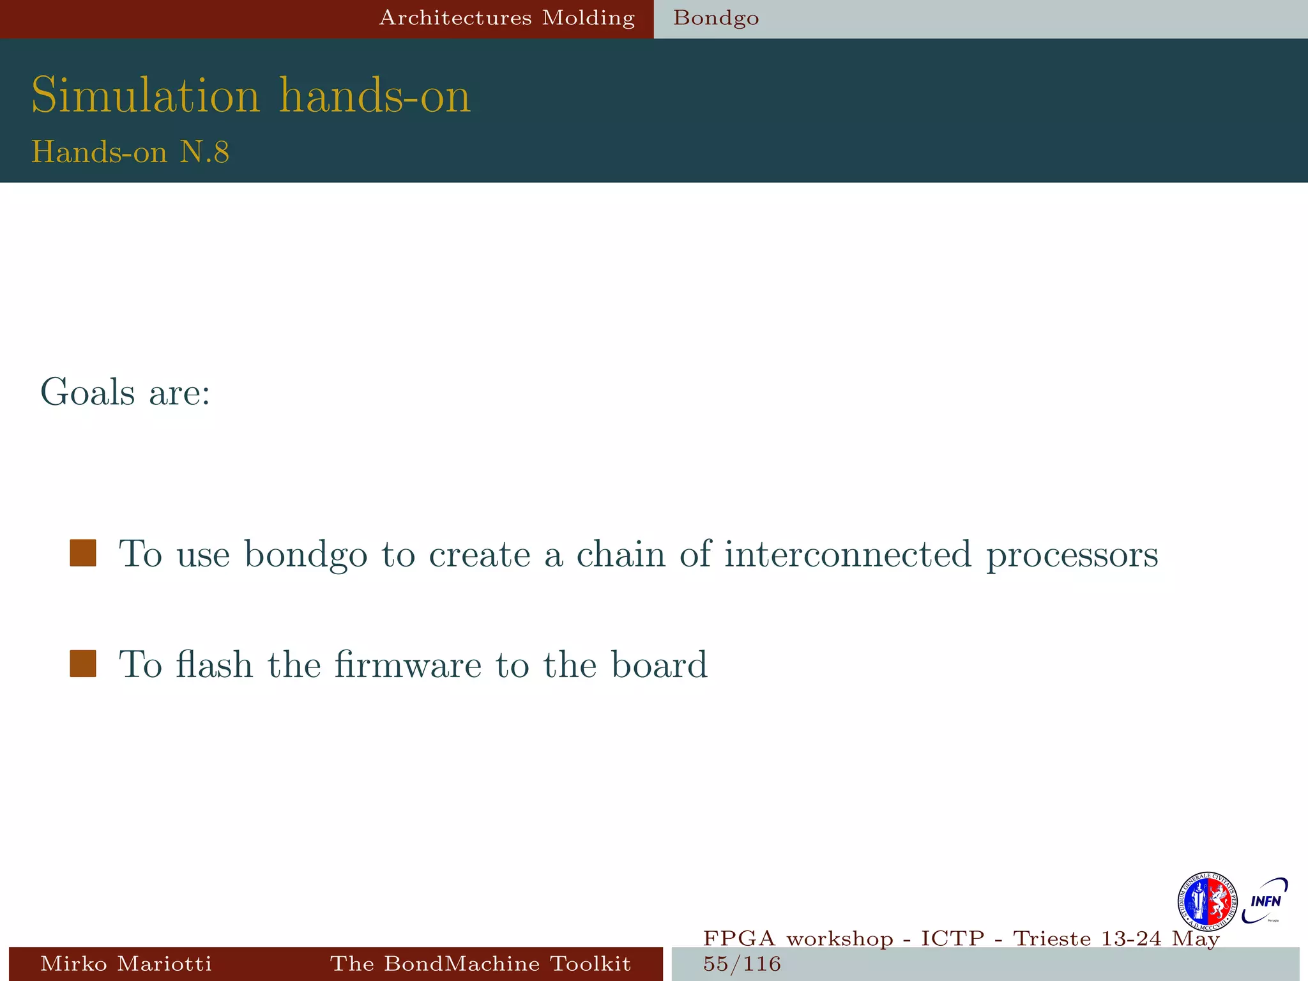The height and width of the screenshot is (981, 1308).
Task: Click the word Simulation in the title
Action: click(146, 96)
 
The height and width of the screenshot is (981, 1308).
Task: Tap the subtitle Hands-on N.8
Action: click(130, 152)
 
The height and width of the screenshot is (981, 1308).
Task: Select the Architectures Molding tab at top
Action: click(506, 18)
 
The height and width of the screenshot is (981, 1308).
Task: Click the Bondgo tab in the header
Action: click(716, 18)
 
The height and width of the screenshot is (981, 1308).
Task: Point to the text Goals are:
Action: click(125, 392)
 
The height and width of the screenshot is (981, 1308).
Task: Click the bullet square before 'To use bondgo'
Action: click(83, 553)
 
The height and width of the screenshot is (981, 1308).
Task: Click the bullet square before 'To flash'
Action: click(83, 664)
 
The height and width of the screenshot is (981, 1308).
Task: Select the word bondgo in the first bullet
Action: click(306, 554)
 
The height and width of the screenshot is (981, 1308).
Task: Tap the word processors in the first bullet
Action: click(1072, 554)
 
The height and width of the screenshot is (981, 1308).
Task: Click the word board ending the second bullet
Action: click(659, 664)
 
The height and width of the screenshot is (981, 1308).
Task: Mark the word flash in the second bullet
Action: click(215, 664)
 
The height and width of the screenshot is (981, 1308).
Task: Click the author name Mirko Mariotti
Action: click(126, 963)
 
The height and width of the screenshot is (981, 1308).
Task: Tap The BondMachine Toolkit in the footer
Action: click(480, 963)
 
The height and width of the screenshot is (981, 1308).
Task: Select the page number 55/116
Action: click(742, 964)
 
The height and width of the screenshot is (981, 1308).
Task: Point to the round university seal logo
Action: click(1207, 902)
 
